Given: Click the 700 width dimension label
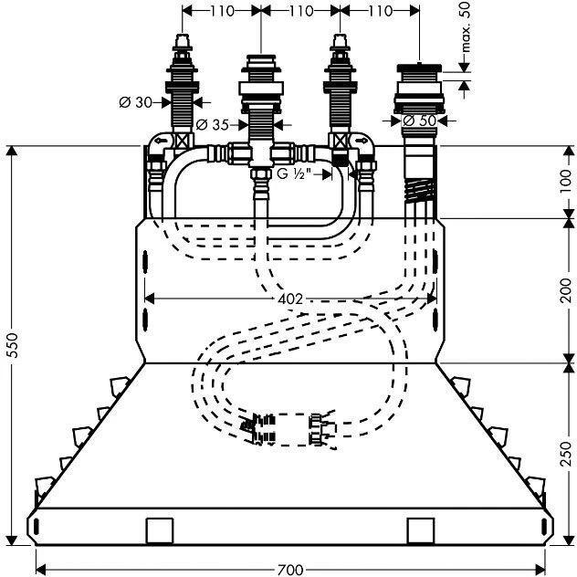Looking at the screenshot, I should coord(288,569).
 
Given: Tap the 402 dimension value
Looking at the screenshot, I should coord(289,299).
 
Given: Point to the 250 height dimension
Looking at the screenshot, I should coord(566,453).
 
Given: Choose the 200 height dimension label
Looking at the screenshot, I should coord(566,290).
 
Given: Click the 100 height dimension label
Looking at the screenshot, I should coord(566,181).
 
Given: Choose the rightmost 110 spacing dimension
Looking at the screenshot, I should coord(378,11).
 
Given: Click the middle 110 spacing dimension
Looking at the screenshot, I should coord(299,11).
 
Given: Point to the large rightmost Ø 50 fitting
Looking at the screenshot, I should coord(419,91).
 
